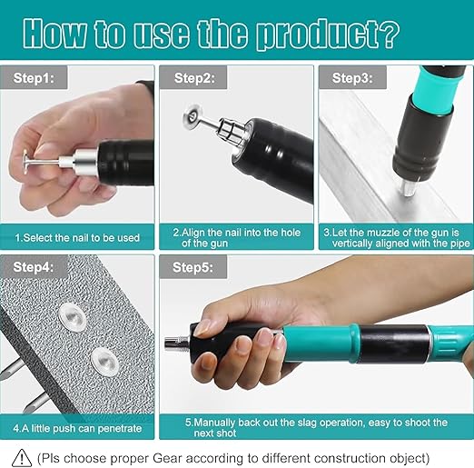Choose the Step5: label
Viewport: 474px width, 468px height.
(x=193, y=269)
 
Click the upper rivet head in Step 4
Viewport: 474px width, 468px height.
(x=70, y=316)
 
